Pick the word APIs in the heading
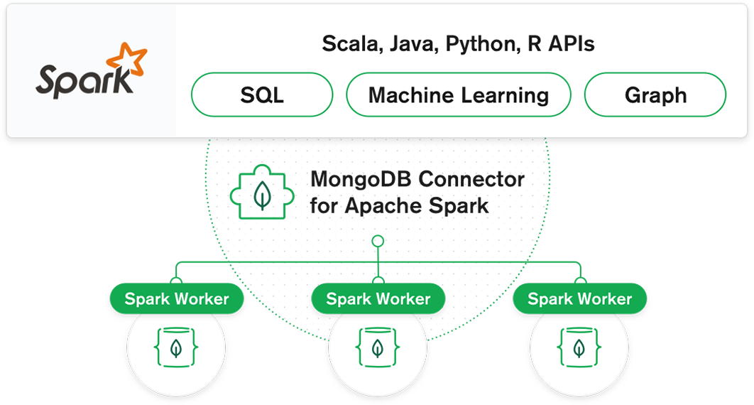(571, 44)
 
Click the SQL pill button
(262, 95)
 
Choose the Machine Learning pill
(458, 95)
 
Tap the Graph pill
(655, 95)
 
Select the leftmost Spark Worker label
(177, 299)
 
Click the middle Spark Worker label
(378, 299)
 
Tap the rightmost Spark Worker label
(579, 299)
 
